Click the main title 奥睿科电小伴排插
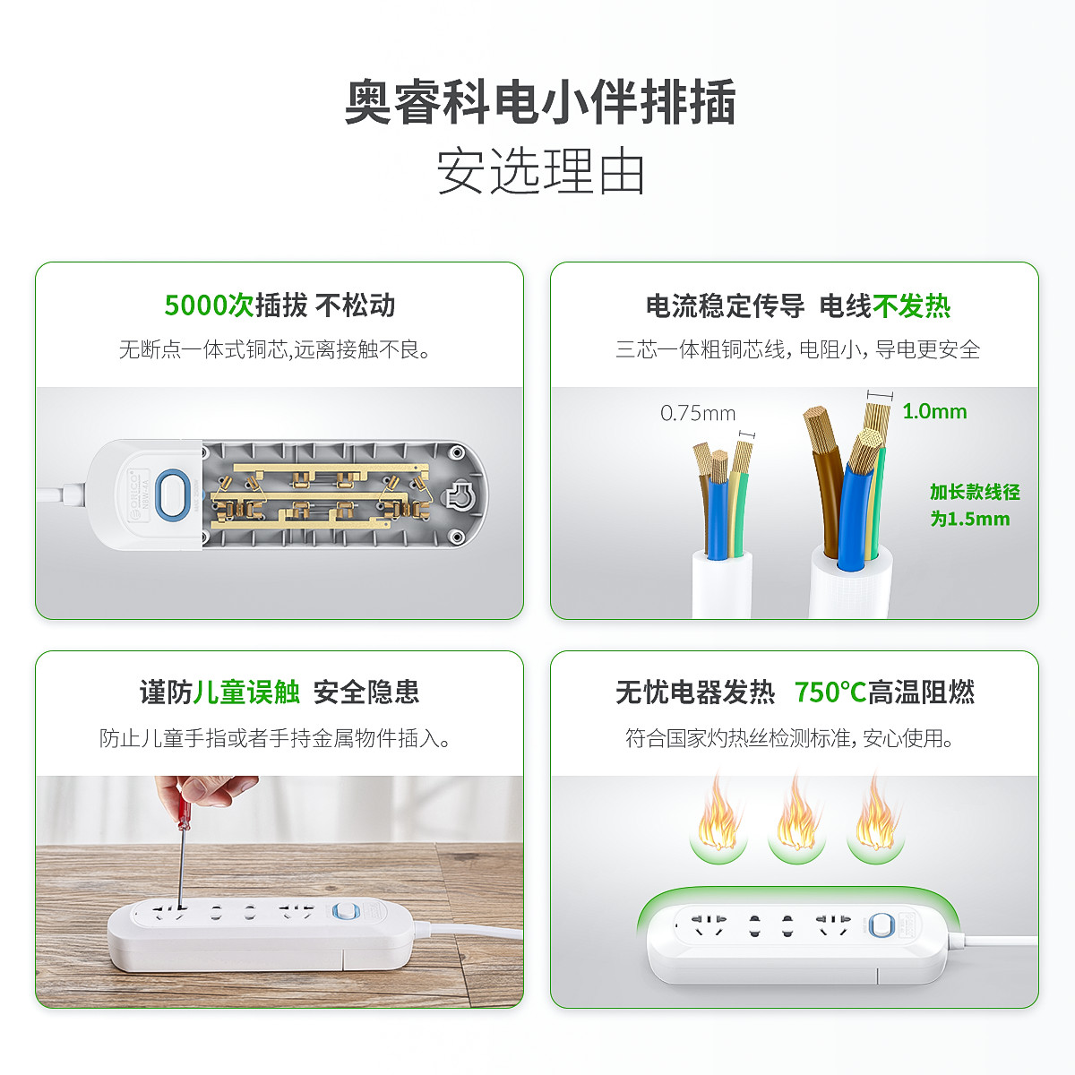point(540,102)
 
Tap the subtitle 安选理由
point(540,171)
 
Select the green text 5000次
point(210,305)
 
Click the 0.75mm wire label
point(698,413)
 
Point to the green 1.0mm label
point(934,412)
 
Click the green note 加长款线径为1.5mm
point(975,505)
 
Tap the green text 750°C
point(830,692)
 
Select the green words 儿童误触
point(246,692)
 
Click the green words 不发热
point(912,305)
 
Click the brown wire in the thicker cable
point(824,491)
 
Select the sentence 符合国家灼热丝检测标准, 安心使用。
point(789,738)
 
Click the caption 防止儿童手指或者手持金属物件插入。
point(274,738)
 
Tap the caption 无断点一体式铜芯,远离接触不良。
point(274,349)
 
